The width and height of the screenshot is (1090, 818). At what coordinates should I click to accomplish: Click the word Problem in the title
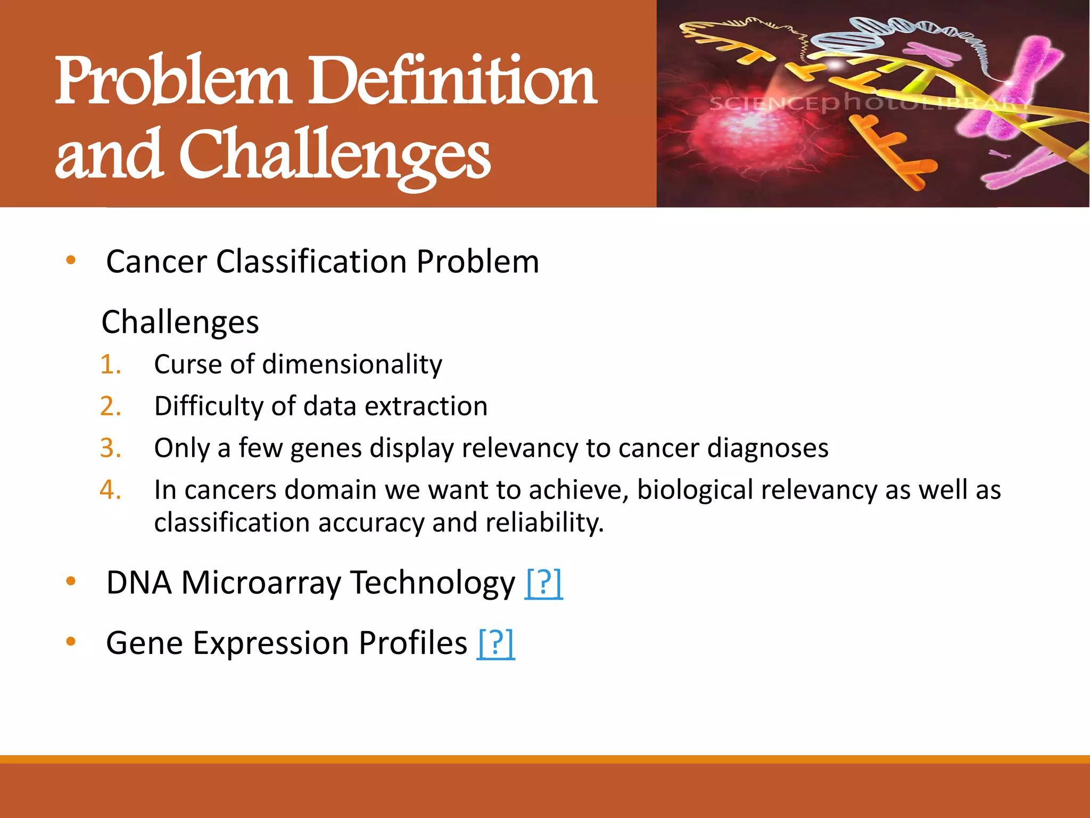tap(173, 81)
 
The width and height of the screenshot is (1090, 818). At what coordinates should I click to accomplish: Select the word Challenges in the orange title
tap(335, 156)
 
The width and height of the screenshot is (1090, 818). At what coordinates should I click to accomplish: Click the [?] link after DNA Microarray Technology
tap(543, 583)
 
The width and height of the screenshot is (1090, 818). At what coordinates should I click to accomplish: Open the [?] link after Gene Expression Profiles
tap(496, 643)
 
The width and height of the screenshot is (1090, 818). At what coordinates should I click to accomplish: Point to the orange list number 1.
tap(111, 365)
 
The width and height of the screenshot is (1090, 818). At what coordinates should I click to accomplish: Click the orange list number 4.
tap(111, 490)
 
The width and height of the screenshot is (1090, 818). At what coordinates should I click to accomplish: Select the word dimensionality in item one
tap(352, 365)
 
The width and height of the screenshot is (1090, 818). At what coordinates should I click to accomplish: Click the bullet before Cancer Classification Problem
tap(71, 260)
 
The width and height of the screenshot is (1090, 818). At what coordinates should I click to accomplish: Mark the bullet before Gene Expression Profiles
tap(71, 642)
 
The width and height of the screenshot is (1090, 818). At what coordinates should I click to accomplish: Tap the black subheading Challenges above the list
tap(180, 323)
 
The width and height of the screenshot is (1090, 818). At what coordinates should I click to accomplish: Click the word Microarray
tap(261, 583)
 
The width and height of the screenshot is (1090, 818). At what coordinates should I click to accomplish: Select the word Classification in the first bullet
tap(311, 262)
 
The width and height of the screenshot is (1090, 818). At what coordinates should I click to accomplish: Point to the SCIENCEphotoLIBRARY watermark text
tap(868, 103)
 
